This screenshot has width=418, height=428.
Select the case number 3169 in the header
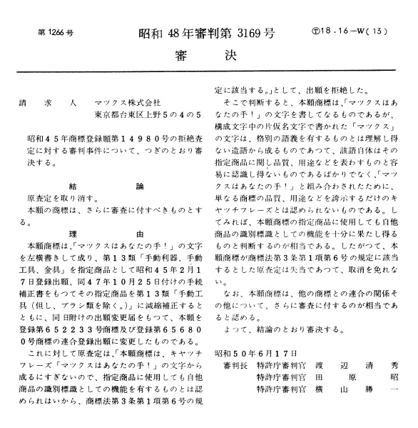click(x=236, y=34)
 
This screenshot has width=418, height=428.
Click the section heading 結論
click(x=116, y=183)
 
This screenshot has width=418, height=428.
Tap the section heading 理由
click(x=116, y=234)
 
